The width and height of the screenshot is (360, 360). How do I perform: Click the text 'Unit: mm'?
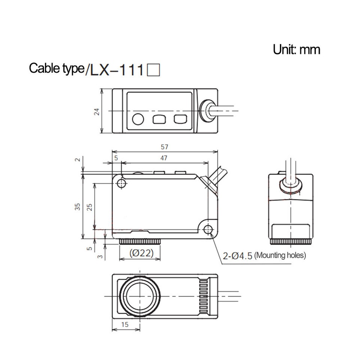coord(297,49)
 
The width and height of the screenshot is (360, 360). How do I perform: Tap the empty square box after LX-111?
coord(154,70)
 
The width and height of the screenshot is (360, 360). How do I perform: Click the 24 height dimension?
coord(97,111)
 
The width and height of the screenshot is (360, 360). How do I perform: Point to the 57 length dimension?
coord(164,147)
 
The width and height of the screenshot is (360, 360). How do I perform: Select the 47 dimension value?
coord(164,158)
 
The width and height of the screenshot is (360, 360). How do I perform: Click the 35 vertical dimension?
coord(77,207)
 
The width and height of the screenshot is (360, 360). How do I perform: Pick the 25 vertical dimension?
coord(90,207)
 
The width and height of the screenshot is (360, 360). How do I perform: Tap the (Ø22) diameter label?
coord(141,253)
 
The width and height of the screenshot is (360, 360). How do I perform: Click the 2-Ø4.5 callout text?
coord(237,256)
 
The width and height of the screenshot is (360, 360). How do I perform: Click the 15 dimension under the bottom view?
coord(125,325)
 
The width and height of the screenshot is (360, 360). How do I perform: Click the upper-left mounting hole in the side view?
coord(121,183)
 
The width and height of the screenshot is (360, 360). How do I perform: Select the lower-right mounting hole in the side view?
coord(208,229)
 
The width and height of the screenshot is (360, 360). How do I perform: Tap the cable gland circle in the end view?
coord(290,184)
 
